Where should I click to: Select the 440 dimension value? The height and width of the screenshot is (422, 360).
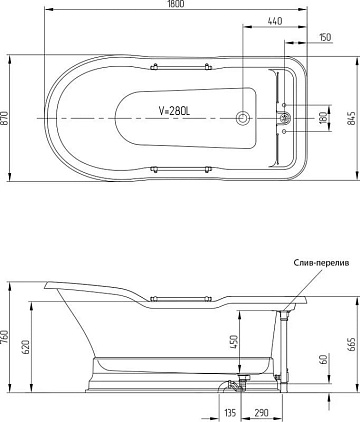tap(275, 21)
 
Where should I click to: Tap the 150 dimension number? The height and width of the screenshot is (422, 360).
tap(325, 37)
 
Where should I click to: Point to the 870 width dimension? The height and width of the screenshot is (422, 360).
tap(4, 118)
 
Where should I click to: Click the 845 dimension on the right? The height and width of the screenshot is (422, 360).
tap(351, 118)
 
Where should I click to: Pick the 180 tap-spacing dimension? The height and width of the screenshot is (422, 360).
tap(323, 118)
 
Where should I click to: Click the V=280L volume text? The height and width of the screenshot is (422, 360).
tap(174, 111)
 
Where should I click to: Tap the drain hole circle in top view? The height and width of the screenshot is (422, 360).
tap(242, 118)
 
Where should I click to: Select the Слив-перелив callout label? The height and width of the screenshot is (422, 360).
tap(321, 263)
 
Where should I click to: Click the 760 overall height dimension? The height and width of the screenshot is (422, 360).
tap(4, 337)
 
